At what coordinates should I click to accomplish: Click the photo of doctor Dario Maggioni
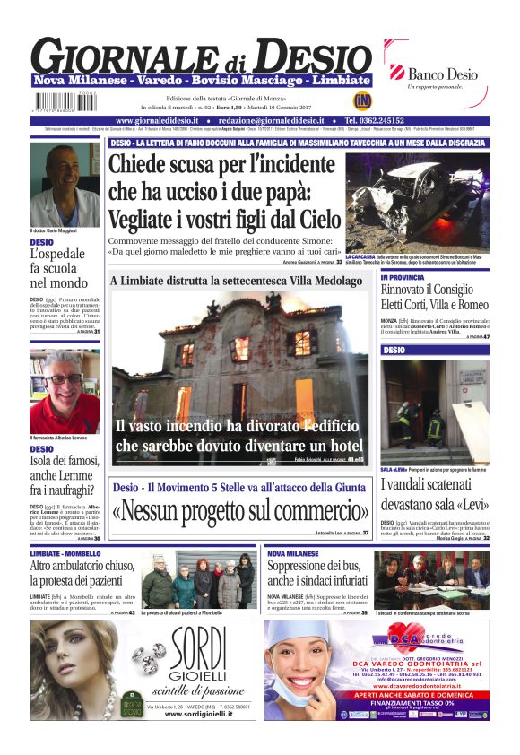click(65, 183)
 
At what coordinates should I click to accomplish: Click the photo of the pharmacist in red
click(65, 392)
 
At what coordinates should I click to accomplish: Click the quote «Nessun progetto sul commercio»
click(240, 510)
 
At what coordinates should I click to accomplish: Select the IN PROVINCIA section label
click(403, 278)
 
